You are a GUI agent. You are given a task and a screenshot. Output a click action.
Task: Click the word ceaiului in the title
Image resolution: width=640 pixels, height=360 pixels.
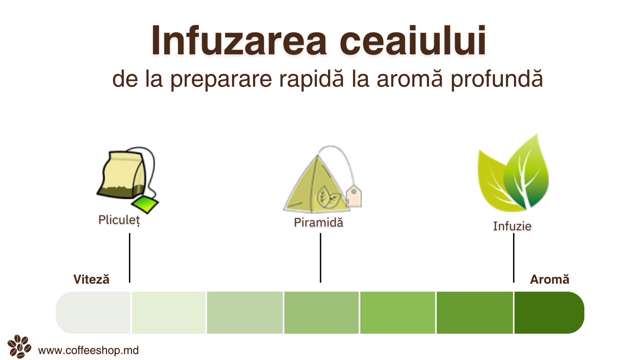[x=413, y=41]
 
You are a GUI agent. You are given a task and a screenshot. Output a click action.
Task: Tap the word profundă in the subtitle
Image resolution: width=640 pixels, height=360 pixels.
[x=497, y=79]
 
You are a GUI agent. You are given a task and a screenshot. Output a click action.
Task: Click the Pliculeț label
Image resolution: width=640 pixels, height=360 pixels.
[x=119, y=220]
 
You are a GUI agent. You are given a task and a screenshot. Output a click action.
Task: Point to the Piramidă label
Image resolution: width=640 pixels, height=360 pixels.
[x=319, y=222]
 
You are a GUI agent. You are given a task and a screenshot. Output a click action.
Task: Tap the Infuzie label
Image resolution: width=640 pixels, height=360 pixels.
[x=512, y=226]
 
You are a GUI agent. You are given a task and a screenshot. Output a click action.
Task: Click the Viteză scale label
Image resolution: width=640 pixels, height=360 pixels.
[x=91, y=279]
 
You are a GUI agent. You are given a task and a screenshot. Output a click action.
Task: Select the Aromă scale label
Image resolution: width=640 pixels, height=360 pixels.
[x=550, y=279]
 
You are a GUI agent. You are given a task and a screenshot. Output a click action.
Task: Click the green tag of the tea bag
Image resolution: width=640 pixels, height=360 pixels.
[x=145, y=204]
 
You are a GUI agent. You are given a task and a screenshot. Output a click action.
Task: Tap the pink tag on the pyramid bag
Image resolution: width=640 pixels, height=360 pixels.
[x=354, y=196]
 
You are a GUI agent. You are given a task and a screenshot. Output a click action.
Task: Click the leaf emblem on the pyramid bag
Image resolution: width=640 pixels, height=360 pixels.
[x=328, y=197]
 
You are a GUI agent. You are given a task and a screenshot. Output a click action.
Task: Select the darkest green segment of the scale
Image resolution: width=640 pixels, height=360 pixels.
[x=549, y=313]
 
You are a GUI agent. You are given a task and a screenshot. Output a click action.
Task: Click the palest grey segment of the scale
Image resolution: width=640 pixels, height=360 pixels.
[x=93, y=313]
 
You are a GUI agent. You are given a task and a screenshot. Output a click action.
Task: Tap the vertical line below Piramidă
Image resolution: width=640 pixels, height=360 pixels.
[x=320, y=258]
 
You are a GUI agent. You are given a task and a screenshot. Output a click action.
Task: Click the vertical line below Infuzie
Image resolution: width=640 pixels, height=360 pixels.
[x=514, y=258]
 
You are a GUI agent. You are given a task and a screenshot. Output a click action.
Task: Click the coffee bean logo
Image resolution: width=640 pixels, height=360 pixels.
[x=19, y=346]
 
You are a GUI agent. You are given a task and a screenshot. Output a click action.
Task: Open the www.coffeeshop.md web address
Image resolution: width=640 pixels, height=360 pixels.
[x=88, y=350]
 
